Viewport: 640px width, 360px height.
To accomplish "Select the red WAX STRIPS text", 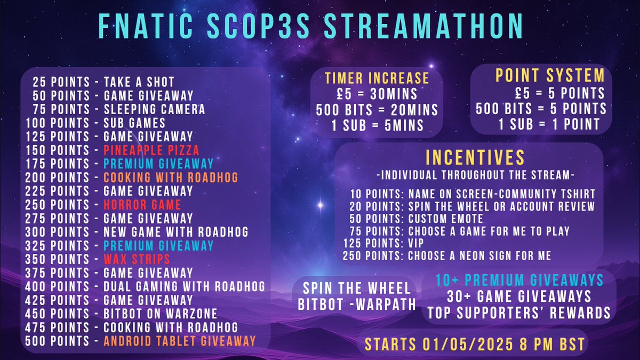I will pyautogui.click(x=137, y=260).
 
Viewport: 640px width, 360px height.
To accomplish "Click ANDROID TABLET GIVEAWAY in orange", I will pyautogui.click(x=180, y=341).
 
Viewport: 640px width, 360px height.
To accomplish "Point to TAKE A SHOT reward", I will pyautogui.click(x=139, y=82).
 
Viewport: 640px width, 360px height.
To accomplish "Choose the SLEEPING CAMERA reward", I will pyautogui.click(x=154, y=109).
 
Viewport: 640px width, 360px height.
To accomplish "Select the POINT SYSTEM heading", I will pyautogui.click(x=550, y=75).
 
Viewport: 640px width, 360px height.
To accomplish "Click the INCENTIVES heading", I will pyautogui.click(x=475, y=157).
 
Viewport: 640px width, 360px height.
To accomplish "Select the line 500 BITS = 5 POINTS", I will pyautogui.click(x=541, y=109).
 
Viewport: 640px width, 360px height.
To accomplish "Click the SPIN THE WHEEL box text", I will pyautogui.click(x=357, y=289).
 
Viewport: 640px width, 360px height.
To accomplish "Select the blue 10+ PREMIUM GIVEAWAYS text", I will pyautogui.click(x=519, y=279).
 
